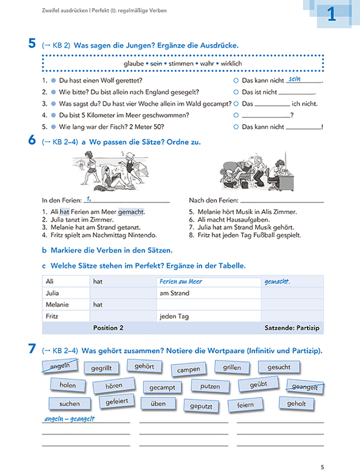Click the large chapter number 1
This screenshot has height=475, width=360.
(331, 15)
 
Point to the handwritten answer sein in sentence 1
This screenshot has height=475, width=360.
(295, 79)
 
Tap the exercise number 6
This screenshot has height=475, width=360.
(31, 141)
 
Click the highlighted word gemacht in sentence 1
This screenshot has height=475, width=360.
(131, 212)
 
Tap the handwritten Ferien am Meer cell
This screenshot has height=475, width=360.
(181, 281)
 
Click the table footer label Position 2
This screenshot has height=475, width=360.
(108, 327)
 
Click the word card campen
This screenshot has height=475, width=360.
(188, 369)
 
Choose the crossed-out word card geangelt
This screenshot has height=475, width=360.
(304, 387)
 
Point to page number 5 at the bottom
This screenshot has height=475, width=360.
(322, 466)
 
